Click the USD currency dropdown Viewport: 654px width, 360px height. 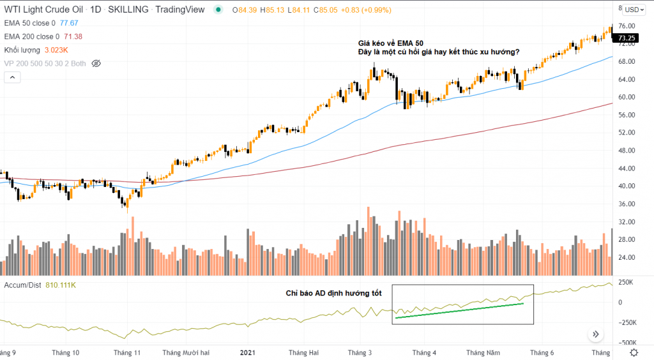click(635, 10)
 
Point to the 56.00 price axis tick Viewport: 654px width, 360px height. click(627, 115)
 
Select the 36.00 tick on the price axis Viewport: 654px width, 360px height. click(627, 204)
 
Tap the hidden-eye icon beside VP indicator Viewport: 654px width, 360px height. click(96, 63)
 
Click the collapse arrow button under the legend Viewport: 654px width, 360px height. click(12, 77)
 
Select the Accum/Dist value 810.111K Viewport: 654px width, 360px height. click(61, 285)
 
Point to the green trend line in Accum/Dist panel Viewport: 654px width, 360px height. click(460, 310)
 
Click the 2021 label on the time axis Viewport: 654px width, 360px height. click(248, 352)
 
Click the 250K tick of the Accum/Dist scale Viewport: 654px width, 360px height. click(627, 282)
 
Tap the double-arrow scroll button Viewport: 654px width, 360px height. click(596, 334)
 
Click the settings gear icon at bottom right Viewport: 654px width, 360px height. click(634, 352)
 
